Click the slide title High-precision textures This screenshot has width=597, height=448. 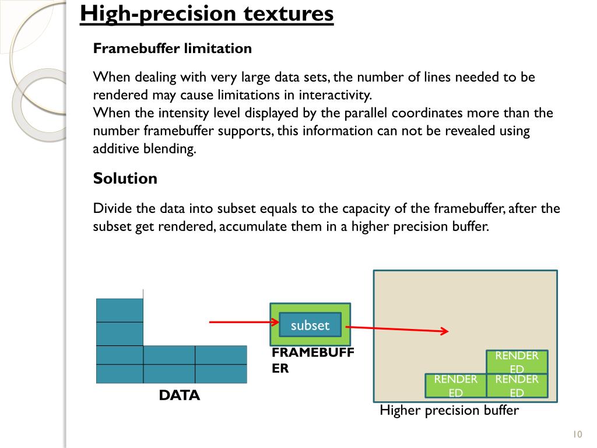pyautogui.click(x=207, y=14)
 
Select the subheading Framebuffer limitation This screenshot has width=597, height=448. pyautogui.click(x=173, y=48)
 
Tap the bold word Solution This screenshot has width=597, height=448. pyautogui.click(x=125, y=178)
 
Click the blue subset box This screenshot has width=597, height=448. pyautogui.click(x=310, y=325)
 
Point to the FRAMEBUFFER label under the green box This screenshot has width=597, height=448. pyautogui.click(x=313, y=360)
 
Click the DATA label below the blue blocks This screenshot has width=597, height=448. pyautogui.click(x=180, y=395)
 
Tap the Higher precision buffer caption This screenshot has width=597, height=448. pyautogui.click(x=449, y=410)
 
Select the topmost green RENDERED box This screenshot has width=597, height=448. pyautogui.click(x=517, y=362)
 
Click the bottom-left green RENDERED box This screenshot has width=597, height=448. pyautogui.click(x=455, y=385)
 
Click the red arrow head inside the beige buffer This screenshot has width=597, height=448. pyautogui.click(x=444, y=331)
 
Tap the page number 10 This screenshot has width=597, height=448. pyautogui.click(x=578, y=434)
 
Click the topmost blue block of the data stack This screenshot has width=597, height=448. pyautogui.click(x=120, y=310)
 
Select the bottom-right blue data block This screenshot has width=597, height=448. pyautogui.click(x=221, y=373)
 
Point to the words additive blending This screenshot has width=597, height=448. pyautogui.click(x=143, y=149)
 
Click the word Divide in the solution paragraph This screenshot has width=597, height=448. pyautogui.click(x=112, y=209)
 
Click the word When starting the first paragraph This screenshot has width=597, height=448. pyautogui.click(x=113, y=77)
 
